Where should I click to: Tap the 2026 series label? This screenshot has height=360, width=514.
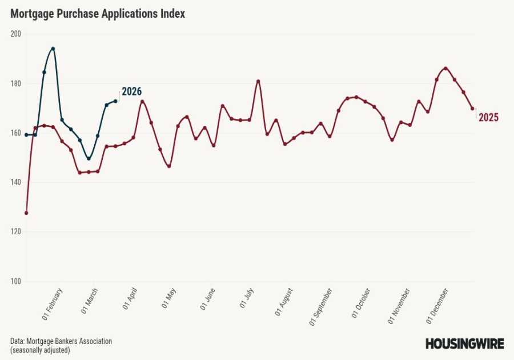pyautogui.click(x=131, y=91)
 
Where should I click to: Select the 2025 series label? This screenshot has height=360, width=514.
pyautogui.click(x=488, y=118)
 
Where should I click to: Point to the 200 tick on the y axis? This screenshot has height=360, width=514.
pyautogui.click(x=15, y=34)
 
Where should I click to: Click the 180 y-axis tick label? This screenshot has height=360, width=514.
pyautogui.click(x=15, y=83)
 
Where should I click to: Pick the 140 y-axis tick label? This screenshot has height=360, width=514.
pyautogui.click(x=15, y=182)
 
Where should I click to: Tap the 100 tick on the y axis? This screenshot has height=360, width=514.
pyautogui.click(x=15, y=281)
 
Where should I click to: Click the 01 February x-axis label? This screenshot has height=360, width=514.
pyautogui.click(x=53, y=303)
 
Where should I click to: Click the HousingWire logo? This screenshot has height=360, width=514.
pyautogui.click(x=464, y=343)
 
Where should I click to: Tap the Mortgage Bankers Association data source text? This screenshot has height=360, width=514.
pyautogui.click(x=61, y=341)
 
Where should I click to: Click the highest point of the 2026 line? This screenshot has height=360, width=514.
pyautogui.click(x=53, y=49)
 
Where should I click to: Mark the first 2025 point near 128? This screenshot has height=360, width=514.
pyautogui.click(x=26, y=213)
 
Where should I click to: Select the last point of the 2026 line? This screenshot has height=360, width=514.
pyautogui.click(x=115, y=101)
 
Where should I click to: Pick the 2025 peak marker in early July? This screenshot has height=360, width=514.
pyautogui.click(x=258, y=81)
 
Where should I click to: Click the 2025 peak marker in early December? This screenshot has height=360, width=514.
pyautogui.click(x=445, y=69)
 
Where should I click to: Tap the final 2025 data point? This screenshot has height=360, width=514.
pyautogui.click(x=472, y=109)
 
